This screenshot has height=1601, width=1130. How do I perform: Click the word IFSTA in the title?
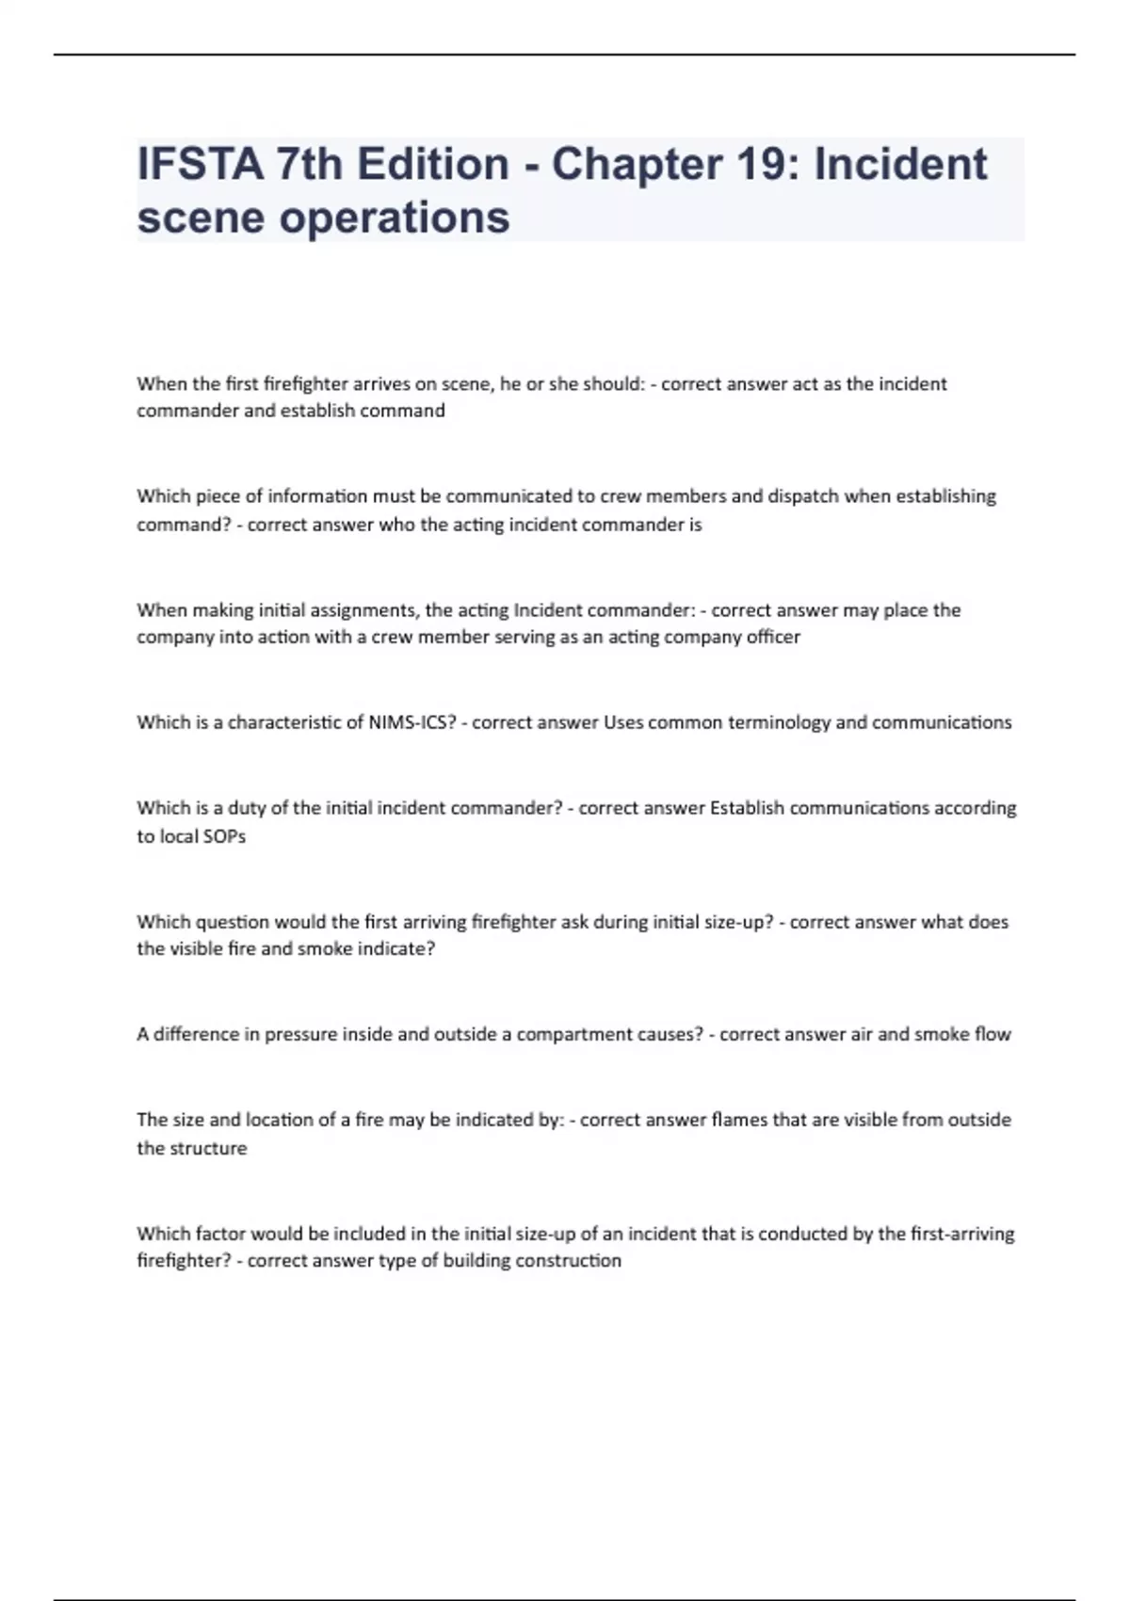click(201, 164)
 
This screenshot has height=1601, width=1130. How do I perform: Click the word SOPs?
click(224, 836)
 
